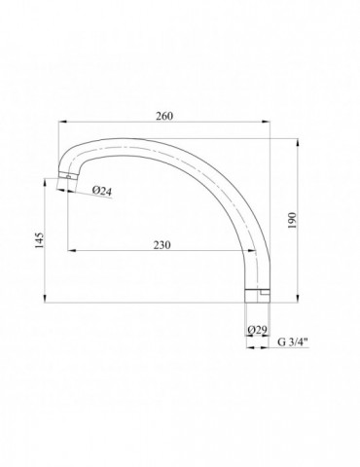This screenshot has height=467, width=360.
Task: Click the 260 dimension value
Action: [x=164, y=116]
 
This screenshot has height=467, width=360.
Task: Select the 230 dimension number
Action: [x=162, y=245]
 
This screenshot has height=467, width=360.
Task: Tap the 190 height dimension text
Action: [x=292, y=220]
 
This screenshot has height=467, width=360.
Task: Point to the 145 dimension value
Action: [x=39, y=240]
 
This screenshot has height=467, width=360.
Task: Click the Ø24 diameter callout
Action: [x=101, y=191]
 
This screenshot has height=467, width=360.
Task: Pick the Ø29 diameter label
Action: [x=257, y=330]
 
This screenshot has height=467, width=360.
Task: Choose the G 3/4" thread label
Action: [x=293, y=342]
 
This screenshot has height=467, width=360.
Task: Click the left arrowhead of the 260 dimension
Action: [x=62, y=122]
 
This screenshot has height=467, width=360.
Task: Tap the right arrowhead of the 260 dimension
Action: [x=266, y=122]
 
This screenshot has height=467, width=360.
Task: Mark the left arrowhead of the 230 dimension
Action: [x=72, y=250]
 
